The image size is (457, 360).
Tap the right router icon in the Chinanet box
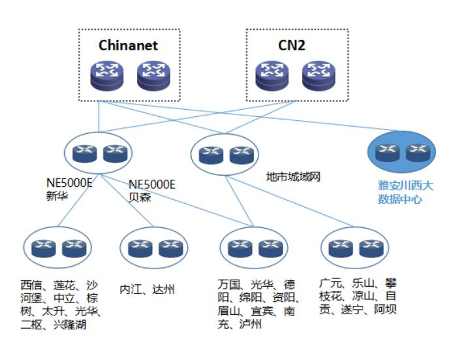coord(153,76)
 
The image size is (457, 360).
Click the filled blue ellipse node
coord(400,152)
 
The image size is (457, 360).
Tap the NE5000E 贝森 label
coord(152,189)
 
